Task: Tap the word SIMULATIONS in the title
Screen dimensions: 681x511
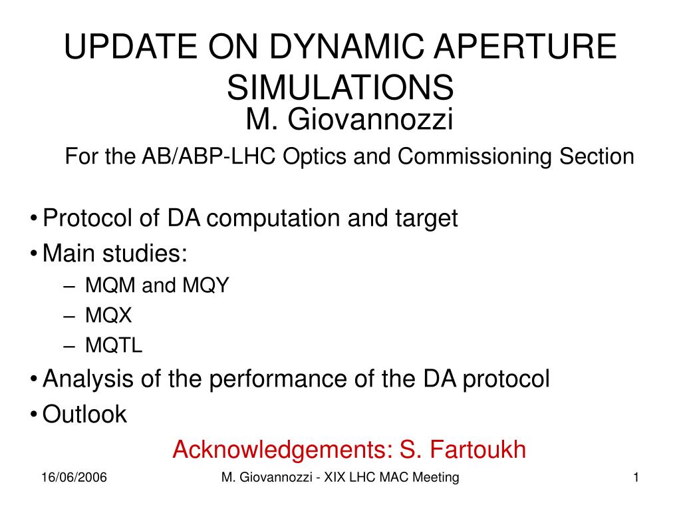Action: point(340,87)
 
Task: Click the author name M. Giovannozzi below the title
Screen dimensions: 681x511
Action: point(350,118)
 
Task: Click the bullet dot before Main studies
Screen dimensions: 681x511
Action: point(34,254)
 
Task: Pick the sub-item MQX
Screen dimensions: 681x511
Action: point(108,315)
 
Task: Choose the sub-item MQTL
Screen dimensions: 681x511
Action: point(114,345)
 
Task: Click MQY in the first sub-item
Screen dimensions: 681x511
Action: point(205,285)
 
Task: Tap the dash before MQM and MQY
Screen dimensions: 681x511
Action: point(69,286)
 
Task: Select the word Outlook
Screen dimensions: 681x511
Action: point(84,414)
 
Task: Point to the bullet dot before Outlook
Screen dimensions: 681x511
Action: point(34,414)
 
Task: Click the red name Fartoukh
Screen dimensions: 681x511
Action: point(477,449)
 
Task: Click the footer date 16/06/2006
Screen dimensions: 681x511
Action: point(74,478)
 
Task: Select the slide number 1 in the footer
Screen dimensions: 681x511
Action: point(636,478)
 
